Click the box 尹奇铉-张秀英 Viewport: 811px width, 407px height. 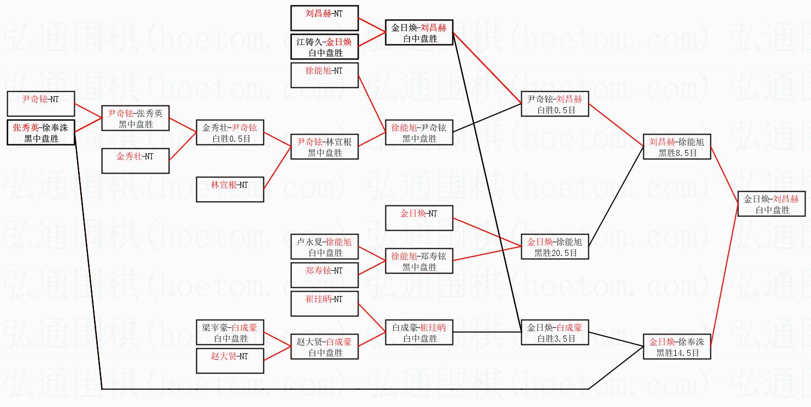tap(135, 119)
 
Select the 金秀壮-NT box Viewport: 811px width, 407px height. tap(135, 161)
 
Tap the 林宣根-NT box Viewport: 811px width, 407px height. tap(230, 189)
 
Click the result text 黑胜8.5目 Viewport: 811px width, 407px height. tap(677, 153)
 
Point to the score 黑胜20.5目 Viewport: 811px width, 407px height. tap(555, 253)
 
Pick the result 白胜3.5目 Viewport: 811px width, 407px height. tap(555, 339)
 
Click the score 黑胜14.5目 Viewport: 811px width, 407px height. tap(677, 353)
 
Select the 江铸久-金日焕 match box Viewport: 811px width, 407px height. tap(324, 47)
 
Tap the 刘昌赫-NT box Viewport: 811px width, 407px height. tap(324, 18)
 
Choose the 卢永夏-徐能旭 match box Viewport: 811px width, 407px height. tap(324, 247)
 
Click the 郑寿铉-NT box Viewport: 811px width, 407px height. tap(324, 275)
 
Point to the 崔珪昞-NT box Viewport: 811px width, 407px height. tap(324, 304)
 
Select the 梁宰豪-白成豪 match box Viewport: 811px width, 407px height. tap(230, 333)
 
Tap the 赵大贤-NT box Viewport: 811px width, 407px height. tap(230, 361)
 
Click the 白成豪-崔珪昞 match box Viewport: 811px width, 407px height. tap(419, 333)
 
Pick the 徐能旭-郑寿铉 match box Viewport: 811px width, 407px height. tap(419, 261)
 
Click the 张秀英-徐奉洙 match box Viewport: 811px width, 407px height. tap(41, 132)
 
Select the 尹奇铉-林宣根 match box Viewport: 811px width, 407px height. tap(324, 147)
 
